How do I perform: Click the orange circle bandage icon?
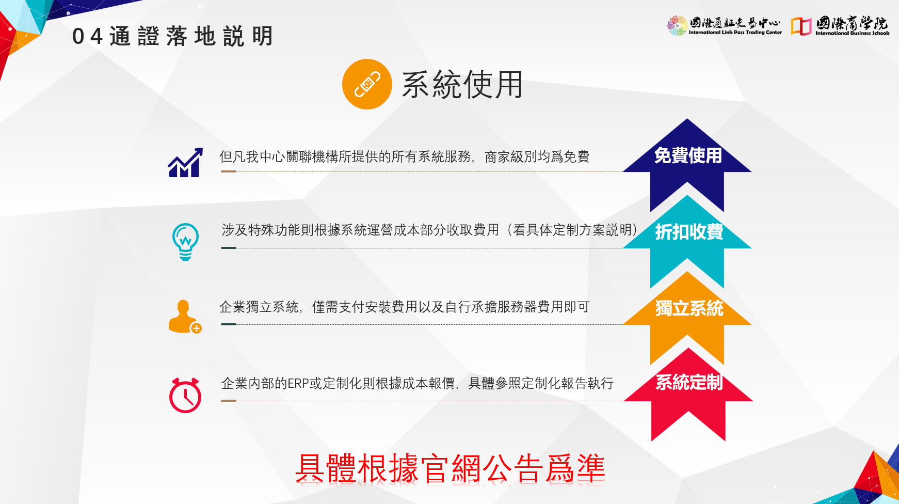click(367, 84)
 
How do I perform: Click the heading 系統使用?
click(462, 85)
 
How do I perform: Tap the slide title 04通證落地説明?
click(172, 37)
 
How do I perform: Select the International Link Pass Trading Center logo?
click(724, 26)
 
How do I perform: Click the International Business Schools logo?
click(840, 26)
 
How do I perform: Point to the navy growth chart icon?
click(185, 163)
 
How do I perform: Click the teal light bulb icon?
click(185, 242)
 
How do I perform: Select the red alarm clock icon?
click(185, 395)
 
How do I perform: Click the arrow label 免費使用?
click(688, 155)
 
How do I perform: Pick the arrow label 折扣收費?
click(689, 232)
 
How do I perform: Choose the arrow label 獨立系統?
click(689, 308)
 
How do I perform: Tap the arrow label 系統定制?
click(689, 383)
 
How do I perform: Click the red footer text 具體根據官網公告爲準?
click(450, 468)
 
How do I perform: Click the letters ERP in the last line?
click(298, 384)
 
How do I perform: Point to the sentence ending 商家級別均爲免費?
click(404, 156)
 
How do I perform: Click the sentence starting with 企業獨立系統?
click(404, 307)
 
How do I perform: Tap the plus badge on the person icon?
click(196, 328)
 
